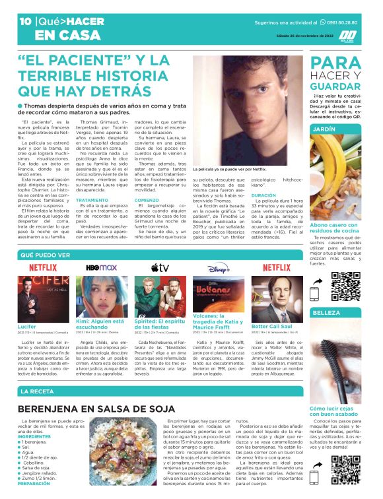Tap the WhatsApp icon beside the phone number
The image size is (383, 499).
pos(322,22)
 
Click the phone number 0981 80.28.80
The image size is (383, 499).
pos(349,22)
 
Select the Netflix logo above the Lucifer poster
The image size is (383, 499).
pos(43,267)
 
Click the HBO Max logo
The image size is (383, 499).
pos(101,267)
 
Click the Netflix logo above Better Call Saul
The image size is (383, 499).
pos(277,267)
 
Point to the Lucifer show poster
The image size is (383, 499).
pos(43,298)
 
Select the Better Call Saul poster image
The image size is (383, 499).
pos(277,298)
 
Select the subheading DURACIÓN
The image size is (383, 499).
pos(263,195)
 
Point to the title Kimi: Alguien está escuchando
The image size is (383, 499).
pos(101,323)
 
